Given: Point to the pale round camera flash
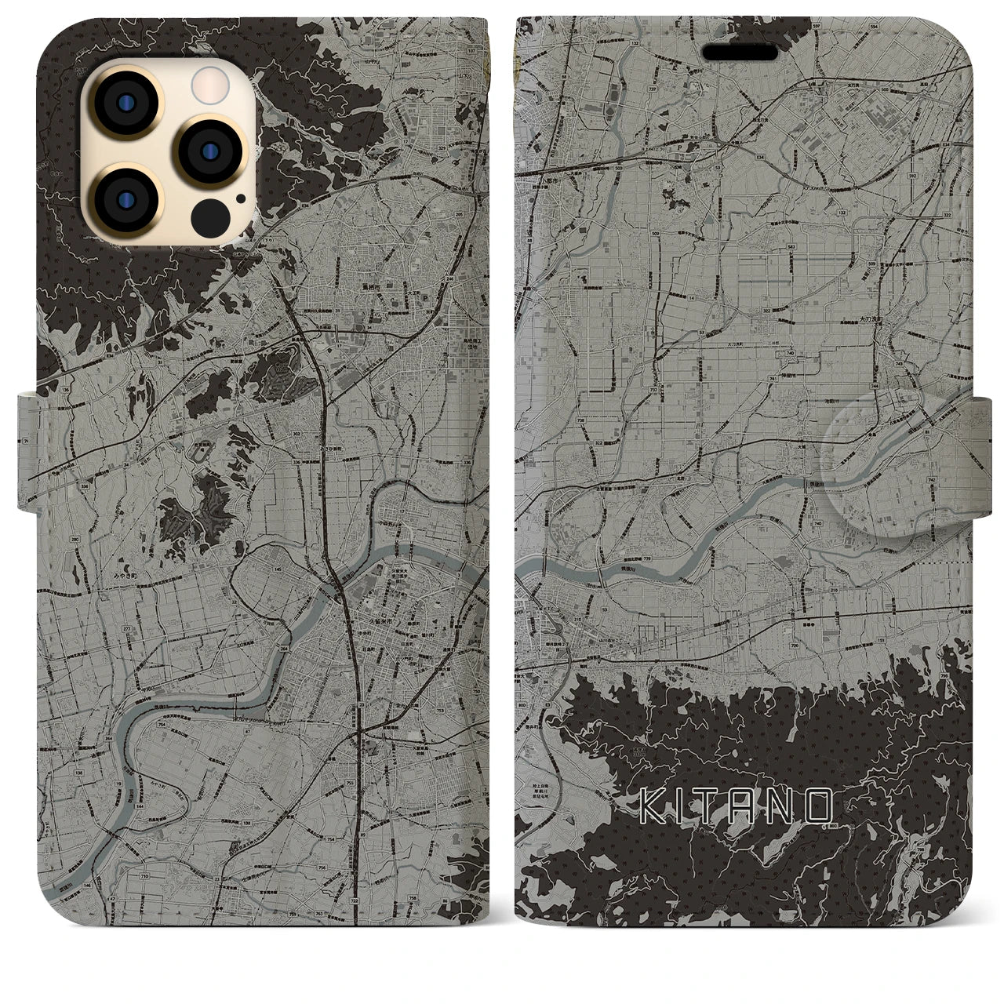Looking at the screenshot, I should pyautogui.click(x=208, y=82).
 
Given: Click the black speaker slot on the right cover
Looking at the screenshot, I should pyautogui.click(x=741, y=52).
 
